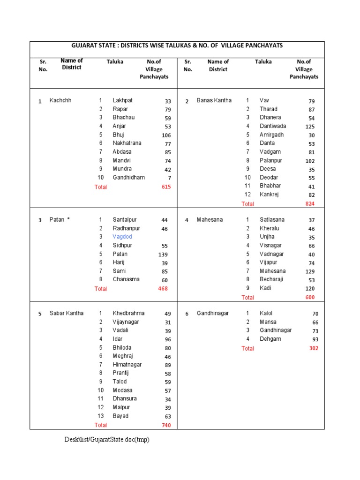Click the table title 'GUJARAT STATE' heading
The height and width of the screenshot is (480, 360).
[177, 45]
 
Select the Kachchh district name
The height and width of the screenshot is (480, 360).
[60, 100]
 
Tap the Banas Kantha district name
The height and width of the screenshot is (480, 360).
[214, 100]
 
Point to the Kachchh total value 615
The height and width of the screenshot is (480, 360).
[166, 187]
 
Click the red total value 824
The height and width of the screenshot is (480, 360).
[310, 203]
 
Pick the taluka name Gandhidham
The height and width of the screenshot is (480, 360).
[128, 177]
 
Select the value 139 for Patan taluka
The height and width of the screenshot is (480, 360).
[163, 254]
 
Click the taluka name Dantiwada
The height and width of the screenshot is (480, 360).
[273, 126]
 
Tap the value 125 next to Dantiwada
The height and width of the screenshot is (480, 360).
[309, 127]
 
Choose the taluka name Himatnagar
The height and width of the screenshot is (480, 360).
[127, 365]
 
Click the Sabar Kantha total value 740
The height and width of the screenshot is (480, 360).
[166, 425]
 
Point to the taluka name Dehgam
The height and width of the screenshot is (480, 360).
[270, 339]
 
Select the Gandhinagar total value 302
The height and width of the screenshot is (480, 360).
[313, 348]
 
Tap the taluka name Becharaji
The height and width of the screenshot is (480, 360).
[272, 279]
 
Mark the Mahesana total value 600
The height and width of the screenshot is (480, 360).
[310, 297]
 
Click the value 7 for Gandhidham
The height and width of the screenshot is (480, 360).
[169, 178]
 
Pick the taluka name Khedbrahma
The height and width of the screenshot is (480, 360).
[128, 313]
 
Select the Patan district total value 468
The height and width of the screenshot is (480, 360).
[163, 289]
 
